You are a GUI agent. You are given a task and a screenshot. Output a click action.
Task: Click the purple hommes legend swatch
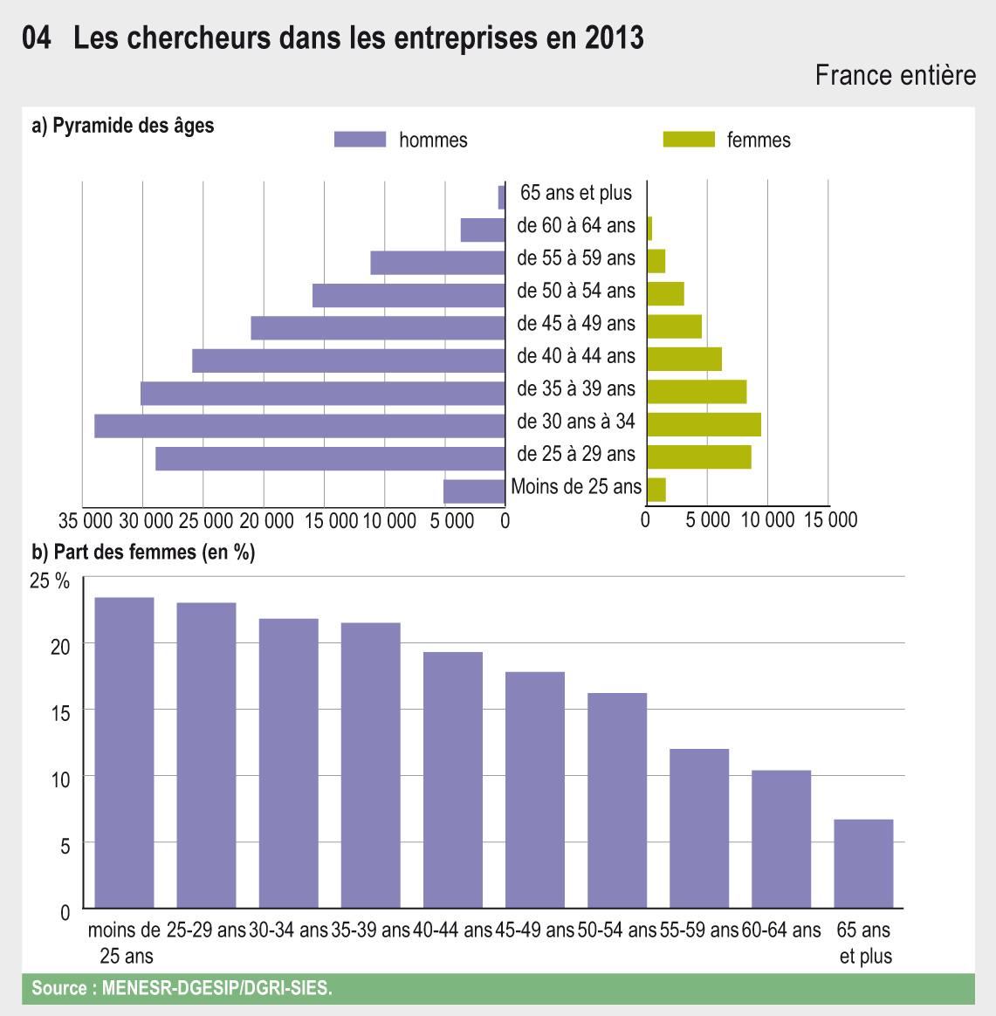[360, 140]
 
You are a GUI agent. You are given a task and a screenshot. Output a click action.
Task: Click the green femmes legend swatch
[689, 140]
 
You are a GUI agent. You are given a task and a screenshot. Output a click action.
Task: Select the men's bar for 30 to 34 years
[299, 426]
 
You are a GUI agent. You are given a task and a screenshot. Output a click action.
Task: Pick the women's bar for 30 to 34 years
[704, 424]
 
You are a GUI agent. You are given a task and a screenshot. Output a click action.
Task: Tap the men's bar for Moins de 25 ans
[474, 491]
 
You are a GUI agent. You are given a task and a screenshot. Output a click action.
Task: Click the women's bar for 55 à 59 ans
[656, 261]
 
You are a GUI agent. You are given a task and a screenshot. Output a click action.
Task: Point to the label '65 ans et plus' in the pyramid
[575, 193]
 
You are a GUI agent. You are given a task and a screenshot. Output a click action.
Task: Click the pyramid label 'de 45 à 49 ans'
[575, 324]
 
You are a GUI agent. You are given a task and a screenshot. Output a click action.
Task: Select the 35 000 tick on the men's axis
[86, 521]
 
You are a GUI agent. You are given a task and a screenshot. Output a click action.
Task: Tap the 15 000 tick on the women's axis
[829, 521]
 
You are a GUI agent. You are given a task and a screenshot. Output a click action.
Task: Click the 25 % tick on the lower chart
[49, 580]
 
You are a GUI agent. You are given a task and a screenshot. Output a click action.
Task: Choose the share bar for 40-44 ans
[452, 780]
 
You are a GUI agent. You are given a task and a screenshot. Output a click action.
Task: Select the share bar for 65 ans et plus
[863, 864]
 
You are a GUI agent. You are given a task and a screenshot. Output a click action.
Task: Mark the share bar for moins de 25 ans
[124, 753]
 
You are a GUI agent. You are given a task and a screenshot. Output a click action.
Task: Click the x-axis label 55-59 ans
[699, 930]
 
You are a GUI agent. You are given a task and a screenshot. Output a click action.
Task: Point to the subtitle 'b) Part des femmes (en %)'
[143, 552]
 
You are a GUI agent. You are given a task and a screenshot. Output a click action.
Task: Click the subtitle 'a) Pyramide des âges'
[122, 126]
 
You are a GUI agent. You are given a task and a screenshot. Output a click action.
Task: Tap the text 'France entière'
[895, 76]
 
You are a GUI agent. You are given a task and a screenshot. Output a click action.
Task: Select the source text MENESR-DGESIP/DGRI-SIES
[217, 989]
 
